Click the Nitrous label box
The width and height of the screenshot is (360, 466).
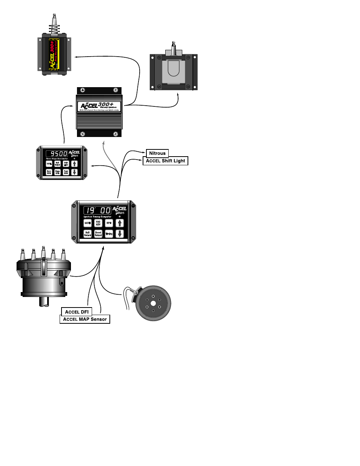pos(157,153)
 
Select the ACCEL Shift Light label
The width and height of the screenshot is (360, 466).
pos(165,161)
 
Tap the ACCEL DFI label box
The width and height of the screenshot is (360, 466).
pos(77,312)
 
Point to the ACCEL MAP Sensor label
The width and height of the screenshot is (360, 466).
pos(85,319)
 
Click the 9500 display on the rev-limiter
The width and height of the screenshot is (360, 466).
pos(57,154)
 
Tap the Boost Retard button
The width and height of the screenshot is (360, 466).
pos(98,234)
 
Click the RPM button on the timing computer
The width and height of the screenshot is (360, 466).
pos(109,223)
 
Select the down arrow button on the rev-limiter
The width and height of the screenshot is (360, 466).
pos(74,172)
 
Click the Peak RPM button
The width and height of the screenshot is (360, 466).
pos(66,172)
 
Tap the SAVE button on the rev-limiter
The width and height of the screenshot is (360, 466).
pos(49,164)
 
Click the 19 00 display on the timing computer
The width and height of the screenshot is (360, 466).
pos(97,210)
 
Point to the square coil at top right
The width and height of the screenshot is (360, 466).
pos(174,72)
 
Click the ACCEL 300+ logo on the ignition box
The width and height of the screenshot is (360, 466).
pos(99,106)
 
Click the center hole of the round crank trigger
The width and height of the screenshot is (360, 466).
pos(153,303)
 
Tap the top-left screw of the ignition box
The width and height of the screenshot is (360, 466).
pos(83,90)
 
